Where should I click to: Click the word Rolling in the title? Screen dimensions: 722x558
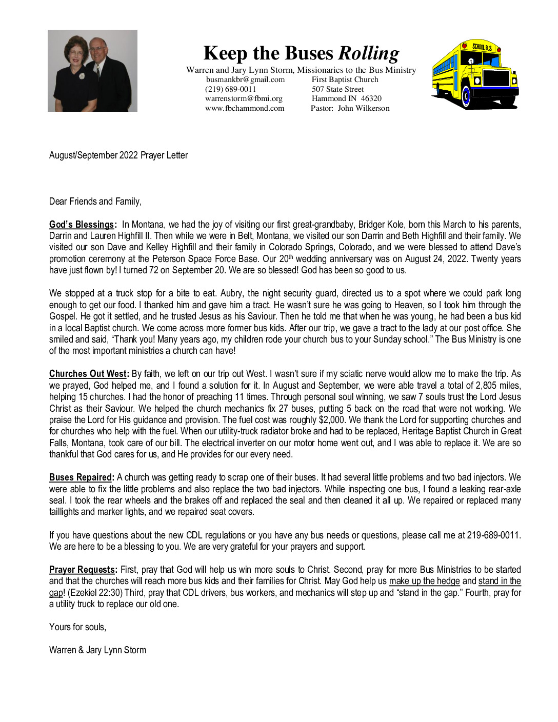pyautogui.click(x=369, y=53)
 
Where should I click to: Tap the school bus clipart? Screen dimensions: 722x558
pyautogui.click(x=475, y=75)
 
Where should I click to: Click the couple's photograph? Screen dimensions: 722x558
pyautogui.click(x=92, y=71)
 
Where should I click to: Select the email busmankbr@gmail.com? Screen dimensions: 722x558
pyautogui.click(x=245, y=79)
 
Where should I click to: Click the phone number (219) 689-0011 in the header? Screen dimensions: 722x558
pyautogui.click(x=230, y=89)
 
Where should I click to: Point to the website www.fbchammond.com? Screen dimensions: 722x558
pyautogui.click(x=245, y=108)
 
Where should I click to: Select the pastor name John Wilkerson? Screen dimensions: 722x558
pyautogui.click(x=364, y=108)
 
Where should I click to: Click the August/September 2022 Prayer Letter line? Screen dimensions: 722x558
pyautogui.click(x=118, y=155)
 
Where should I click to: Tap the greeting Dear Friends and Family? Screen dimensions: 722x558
pyautogui.click(x=95, y=202)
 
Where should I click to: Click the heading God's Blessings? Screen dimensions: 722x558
pyautogui.click(x=82, y=225)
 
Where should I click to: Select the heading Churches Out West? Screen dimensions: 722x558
pyautogui.click(x=88, y=374)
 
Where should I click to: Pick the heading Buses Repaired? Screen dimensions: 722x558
pyautogui.click(x=81, y=477)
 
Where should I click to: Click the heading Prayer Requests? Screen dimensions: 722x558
pyautogui.click(x=83, y=570)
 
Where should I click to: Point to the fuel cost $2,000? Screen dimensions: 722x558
pyautogui.click(x=331, y=420)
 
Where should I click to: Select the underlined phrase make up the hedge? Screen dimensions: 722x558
pyautogui.click(x=424, y=581)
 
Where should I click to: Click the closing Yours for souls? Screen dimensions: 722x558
pyautogui.click(x=77, y=627)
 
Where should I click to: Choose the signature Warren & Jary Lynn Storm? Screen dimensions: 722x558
pyautogui.click(x=97, y=650)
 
